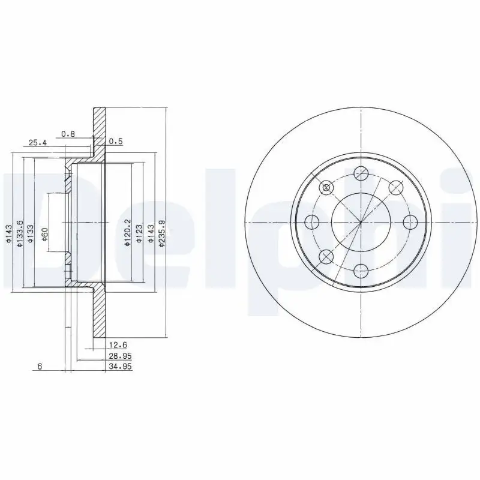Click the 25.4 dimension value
(37, 143)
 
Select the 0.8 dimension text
(68, 134)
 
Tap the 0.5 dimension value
(116, 142)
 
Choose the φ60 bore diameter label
(44, 234)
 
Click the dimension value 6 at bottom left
(40, 367)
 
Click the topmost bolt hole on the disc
(361, 174)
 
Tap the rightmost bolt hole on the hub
(410, 222)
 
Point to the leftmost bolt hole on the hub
(311, 223)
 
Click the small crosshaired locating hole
(326, 188)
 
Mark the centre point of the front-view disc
(361, 222)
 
